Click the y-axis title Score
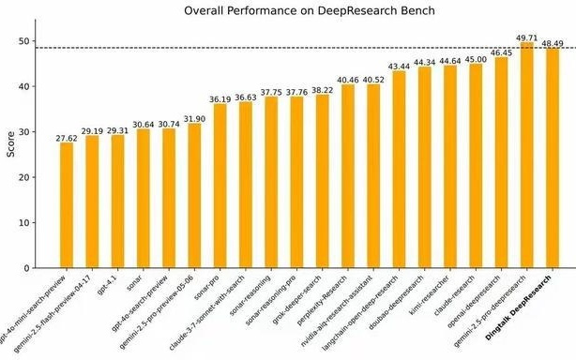(11, 145)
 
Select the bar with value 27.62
(67, 205)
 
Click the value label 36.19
(220, 97)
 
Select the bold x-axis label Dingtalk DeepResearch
(525, 314)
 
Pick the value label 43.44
(399, 66)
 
